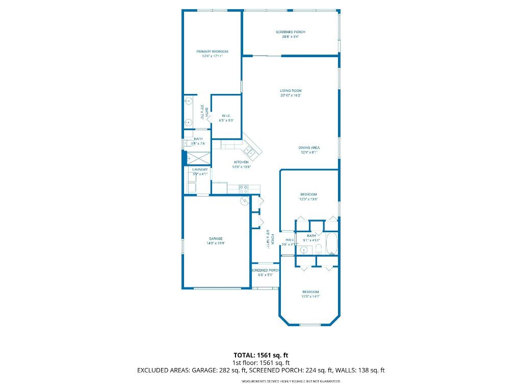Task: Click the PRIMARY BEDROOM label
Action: tap(213, 52)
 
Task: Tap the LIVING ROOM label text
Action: tap(291, 91)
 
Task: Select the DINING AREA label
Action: tap(309, 148)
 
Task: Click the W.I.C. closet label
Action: tap(226, 116)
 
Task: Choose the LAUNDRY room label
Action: tap(199, 169)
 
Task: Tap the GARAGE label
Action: tap(216, 238)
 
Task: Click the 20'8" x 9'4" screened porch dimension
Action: tap(291, 37)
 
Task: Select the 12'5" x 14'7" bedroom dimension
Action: tap(310, 297)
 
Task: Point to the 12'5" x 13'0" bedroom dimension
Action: tap(308, 199)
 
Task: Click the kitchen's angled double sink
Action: tap(250, 151)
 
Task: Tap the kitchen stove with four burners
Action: tap(244, 189)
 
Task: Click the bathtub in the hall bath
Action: tap(332, 244)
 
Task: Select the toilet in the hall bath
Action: tap(317, 249)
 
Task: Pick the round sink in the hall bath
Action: tap(304, 250)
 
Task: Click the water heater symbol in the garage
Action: tap(244, 201)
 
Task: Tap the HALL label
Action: tap(290, 239)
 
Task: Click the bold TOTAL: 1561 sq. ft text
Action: tap(261, 355)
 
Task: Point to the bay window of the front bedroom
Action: tap(310, 325)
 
